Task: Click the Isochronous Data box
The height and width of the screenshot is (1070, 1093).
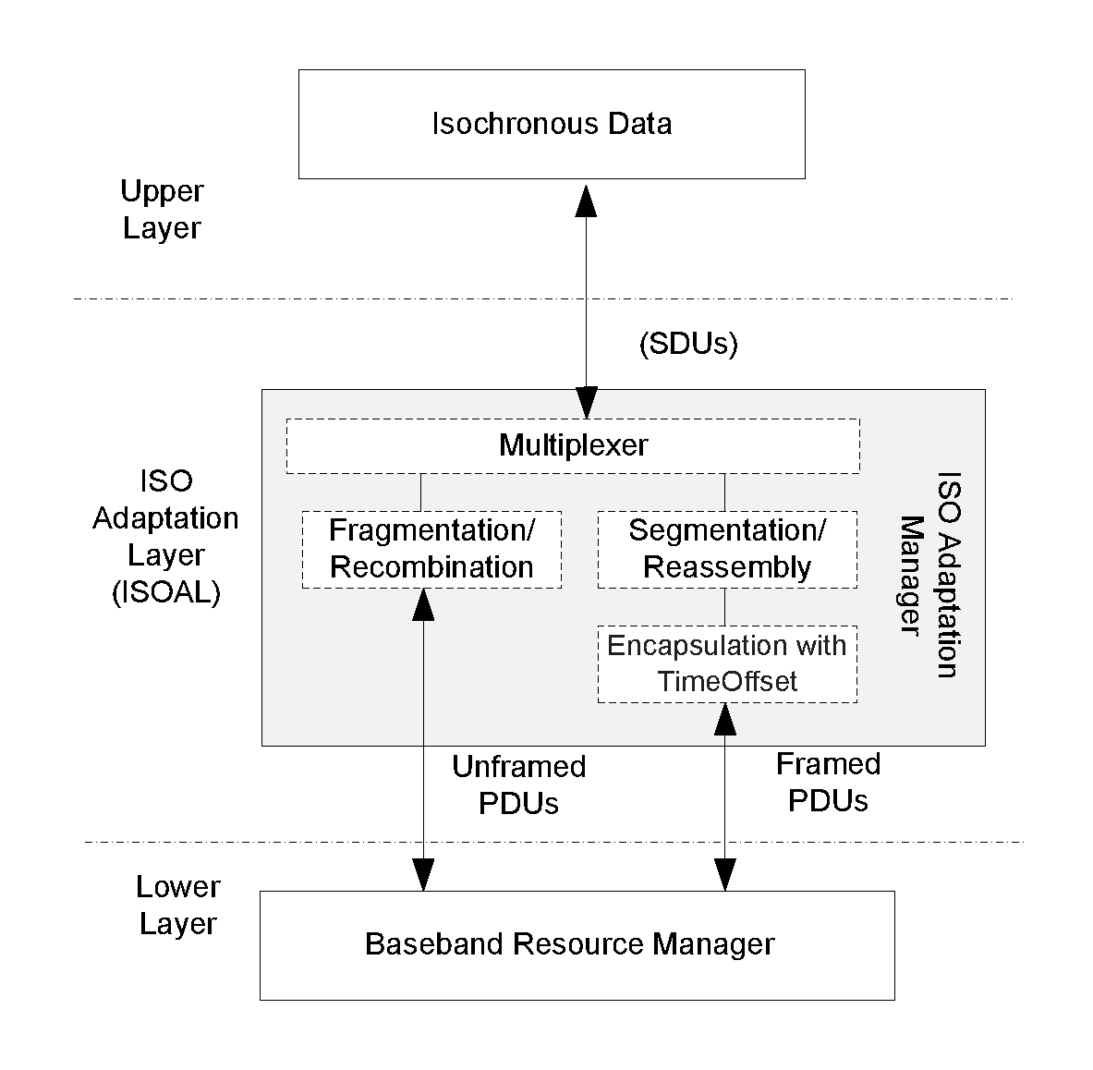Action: coord(552,124)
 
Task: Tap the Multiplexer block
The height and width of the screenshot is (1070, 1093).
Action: coord(573,445)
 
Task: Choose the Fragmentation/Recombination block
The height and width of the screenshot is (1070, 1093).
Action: coord(431,549)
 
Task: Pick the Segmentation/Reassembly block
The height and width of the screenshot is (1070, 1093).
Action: coord(727,549)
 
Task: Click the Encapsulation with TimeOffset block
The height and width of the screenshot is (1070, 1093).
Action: coord(727,663)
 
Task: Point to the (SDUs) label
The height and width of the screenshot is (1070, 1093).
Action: coord(688,344)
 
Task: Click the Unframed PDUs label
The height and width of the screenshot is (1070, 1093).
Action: coord(518,784)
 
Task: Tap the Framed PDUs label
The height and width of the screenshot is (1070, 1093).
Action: coord(828,782)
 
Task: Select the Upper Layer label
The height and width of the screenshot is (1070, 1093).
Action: coord(162,210)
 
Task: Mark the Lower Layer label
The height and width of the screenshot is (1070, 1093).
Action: coord(177,906)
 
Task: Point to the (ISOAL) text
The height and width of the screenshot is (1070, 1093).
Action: coord(165,592)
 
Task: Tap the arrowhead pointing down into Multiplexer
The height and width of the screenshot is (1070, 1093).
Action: coord(586,403)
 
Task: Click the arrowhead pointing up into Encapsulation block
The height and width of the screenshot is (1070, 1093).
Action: coord(725,718)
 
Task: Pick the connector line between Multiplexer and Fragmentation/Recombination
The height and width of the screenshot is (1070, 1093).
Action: coord(421,492)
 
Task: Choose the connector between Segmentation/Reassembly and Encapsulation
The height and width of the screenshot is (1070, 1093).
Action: coord(724,606)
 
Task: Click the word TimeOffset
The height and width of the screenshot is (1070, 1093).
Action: coord(727,682)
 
